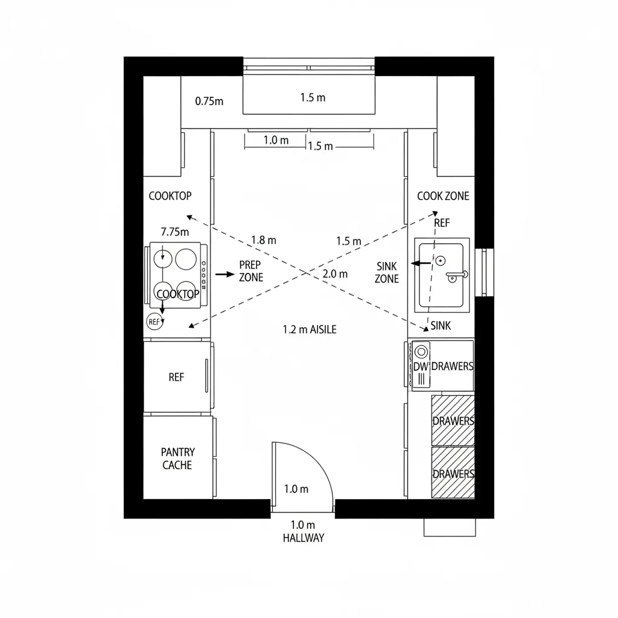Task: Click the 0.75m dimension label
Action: tap(209, 101)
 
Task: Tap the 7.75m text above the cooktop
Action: tap(175, 231)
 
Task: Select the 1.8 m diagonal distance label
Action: tap(263, 240)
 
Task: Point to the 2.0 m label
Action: tap(335, 273)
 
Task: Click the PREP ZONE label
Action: tap(250, 272)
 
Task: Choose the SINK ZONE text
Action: tap(386, 272)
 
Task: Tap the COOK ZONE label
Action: tap(443, 196)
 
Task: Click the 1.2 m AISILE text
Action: tap(310, 330)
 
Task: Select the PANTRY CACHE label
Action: tap(178, 459)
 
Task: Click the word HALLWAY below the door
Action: tap(303, 538)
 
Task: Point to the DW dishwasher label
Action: tap(420, 367)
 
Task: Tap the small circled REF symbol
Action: tap(154, 322)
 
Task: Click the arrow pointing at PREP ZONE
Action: tap(225, 274)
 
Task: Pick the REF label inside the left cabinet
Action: tap(176, 377)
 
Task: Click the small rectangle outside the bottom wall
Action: tap(450, 527)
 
